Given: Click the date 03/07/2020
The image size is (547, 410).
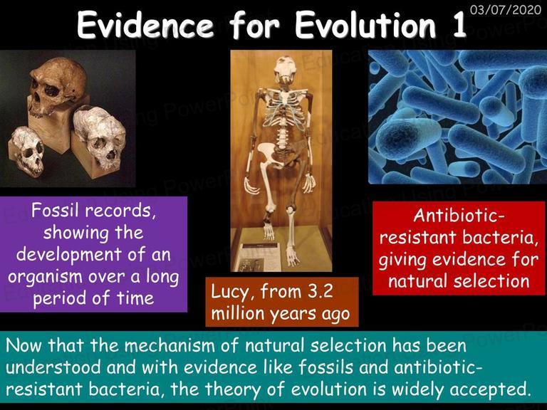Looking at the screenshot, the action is point(506,9).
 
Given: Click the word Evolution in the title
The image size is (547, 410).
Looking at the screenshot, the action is point(365,24).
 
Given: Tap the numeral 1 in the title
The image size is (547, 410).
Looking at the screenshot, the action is point(458,24).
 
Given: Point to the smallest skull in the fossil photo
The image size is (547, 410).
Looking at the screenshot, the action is point(28,150).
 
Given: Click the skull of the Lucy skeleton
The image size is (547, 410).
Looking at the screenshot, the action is point(285,70).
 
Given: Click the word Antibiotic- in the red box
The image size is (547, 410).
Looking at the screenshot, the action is point(459,216).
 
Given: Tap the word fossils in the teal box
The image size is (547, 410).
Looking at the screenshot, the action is point(329,367).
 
